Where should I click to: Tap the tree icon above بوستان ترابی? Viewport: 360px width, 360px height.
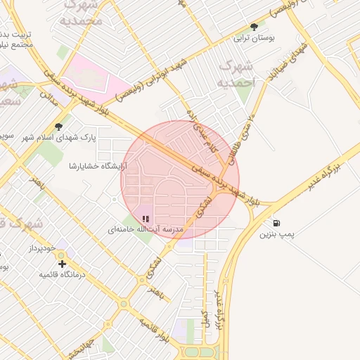(x=254, y=27)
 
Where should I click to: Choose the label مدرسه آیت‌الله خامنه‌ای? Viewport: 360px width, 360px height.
(x=146, y=230)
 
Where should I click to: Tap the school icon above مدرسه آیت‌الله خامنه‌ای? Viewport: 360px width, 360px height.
(x=146, y=219)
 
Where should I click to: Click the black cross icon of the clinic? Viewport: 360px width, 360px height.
(x=63, y=264)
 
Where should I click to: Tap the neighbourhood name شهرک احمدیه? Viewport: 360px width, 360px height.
(x=236, y=75)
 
